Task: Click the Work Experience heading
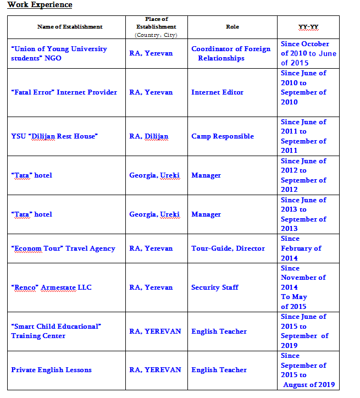tap(40, 5)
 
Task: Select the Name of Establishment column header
tap(70, 26)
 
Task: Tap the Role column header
tap(232, 26)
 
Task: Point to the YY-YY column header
tap(308, 26)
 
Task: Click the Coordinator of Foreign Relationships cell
tap(231, 53)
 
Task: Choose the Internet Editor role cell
tap(217, 92)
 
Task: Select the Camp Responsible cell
tap(223, 136)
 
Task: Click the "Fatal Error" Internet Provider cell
tap(64, 92)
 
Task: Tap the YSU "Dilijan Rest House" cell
tap(54, 136)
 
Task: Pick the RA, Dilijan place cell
tap(149, 136)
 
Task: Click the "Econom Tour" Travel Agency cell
tap(63, 248)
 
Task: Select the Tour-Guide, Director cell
tap(228, 248)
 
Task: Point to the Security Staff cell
tap(215, 288)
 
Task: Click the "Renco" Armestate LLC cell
tap(52, 288)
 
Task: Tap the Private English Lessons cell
tap(52, 370)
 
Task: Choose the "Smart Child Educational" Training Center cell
tap(56, 331)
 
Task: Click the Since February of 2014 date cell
tap(301, 248)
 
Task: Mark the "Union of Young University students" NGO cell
tap(59, 53)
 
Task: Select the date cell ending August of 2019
tap(308, 370)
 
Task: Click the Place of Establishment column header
tap(157, 26)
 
